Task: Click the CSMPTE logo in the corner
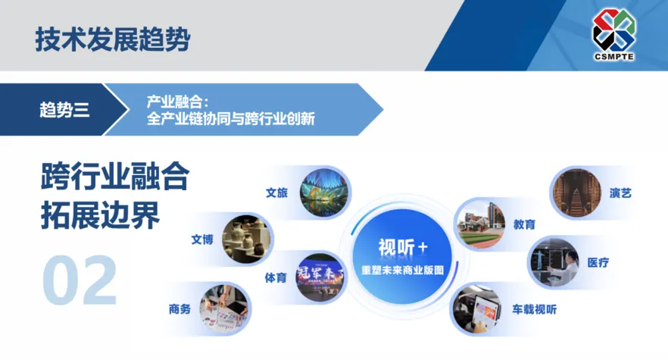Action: point(614,35)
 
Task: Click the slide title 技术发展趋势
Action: point(112,39)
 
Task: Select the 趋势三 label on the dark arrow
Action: point(64,110)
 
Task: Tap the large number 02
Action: point(80,280)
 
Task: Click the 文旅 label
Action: point(277,193)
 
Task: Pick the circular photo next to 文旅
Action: point(325,193)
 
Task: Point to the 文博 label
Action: point(202,239)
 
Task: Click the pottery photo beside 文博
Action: point(246,239)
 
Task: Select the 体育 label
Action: point(276,277)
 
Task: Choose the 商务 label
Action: point(179,308)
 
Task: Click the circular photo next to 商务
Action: point(224,309)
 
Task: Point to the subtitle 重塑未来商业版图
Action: point(403,270)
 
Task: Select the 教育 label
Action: point(524,224)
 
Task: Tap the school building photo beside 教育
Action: point(481,224)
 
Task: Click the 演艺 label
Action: point(620,193)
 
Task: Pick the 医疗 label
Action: point(598,263)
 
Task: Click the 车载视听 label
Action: point(534,309)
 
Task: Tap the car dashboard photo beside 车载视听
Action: point(477,308)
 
